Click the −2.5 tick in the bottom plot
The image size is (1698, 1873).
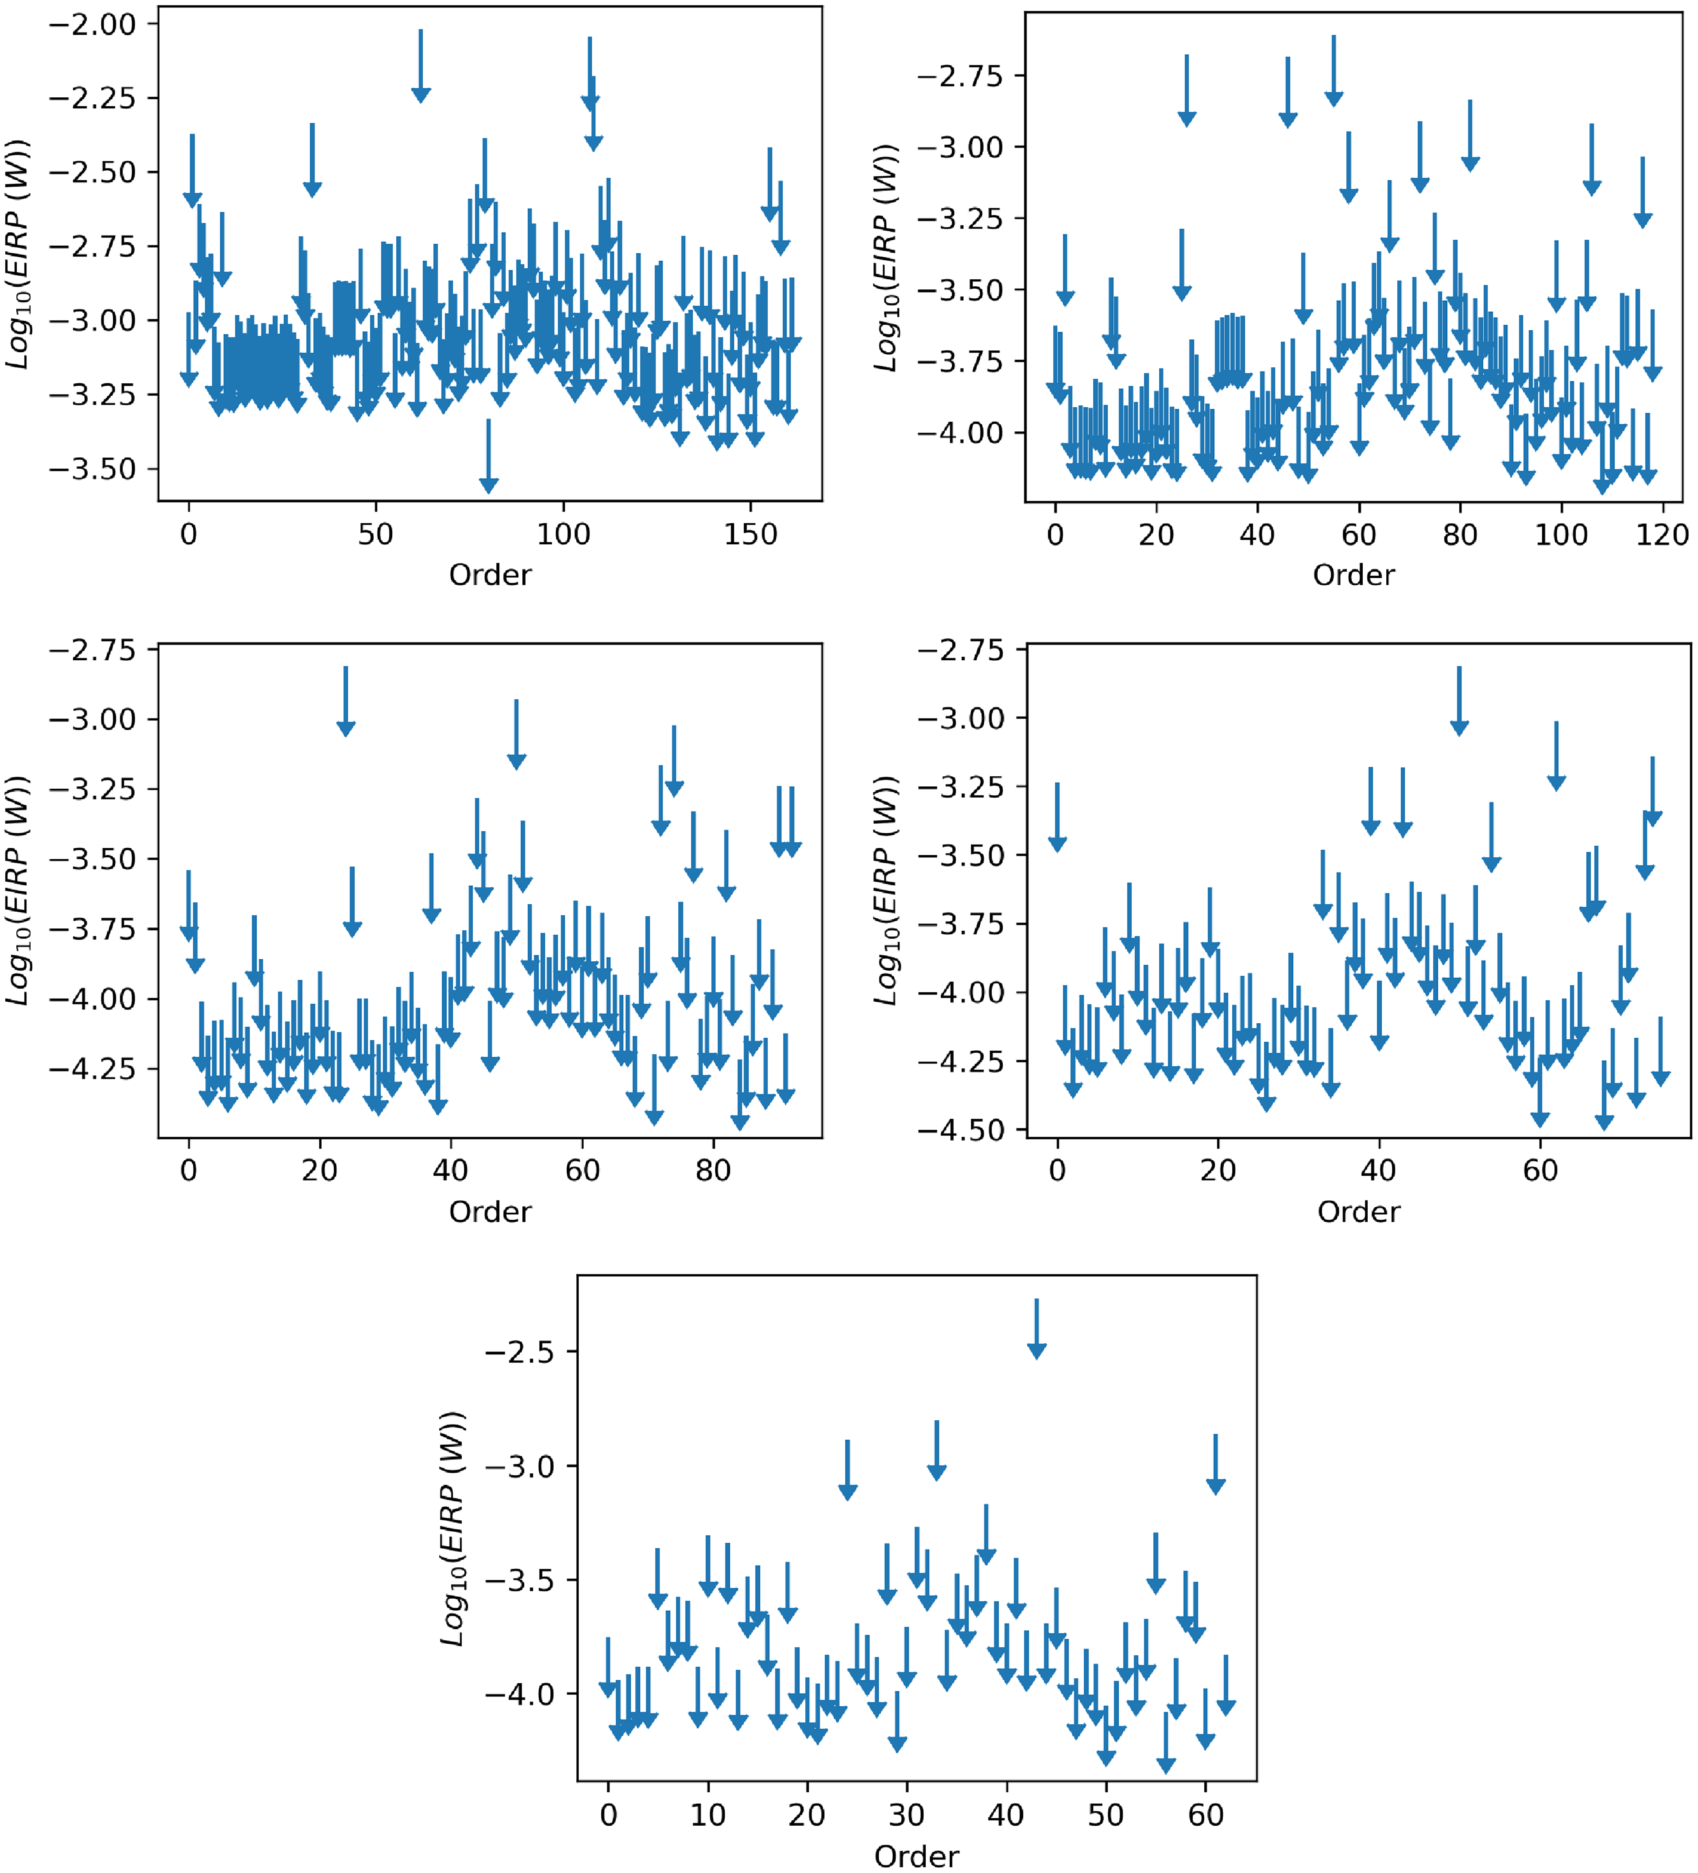tap(519, 1352)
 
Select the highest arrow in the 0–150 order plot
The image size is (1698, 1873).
tap(421, 65)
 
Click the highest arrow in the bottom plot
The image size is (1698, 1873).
tap(1036, 1329)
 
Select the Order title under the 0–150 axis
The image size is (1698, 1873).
tap(490, 575)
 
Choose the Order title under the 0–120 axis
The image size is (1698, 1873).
tap(1353, 575)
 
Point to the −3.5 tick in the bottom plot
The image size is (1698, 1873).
tap(519, 1580)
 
